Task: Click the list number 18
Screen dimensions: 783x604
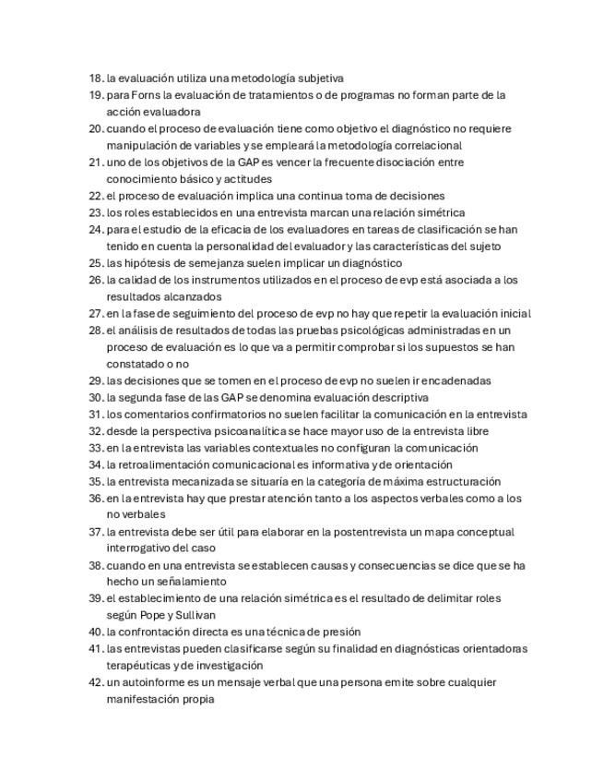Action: [95, 78]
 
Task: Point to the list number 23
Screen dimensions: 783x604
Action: [95, 213]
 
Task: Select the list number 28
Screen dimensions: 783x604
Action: [95, 331]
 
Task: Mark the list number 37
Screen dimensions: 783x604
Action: [95, 532]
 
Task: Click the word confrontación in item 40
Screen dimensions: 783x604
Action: [155, 632]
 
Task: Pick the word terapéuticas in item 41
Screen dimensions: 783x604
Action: [137, 667]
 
